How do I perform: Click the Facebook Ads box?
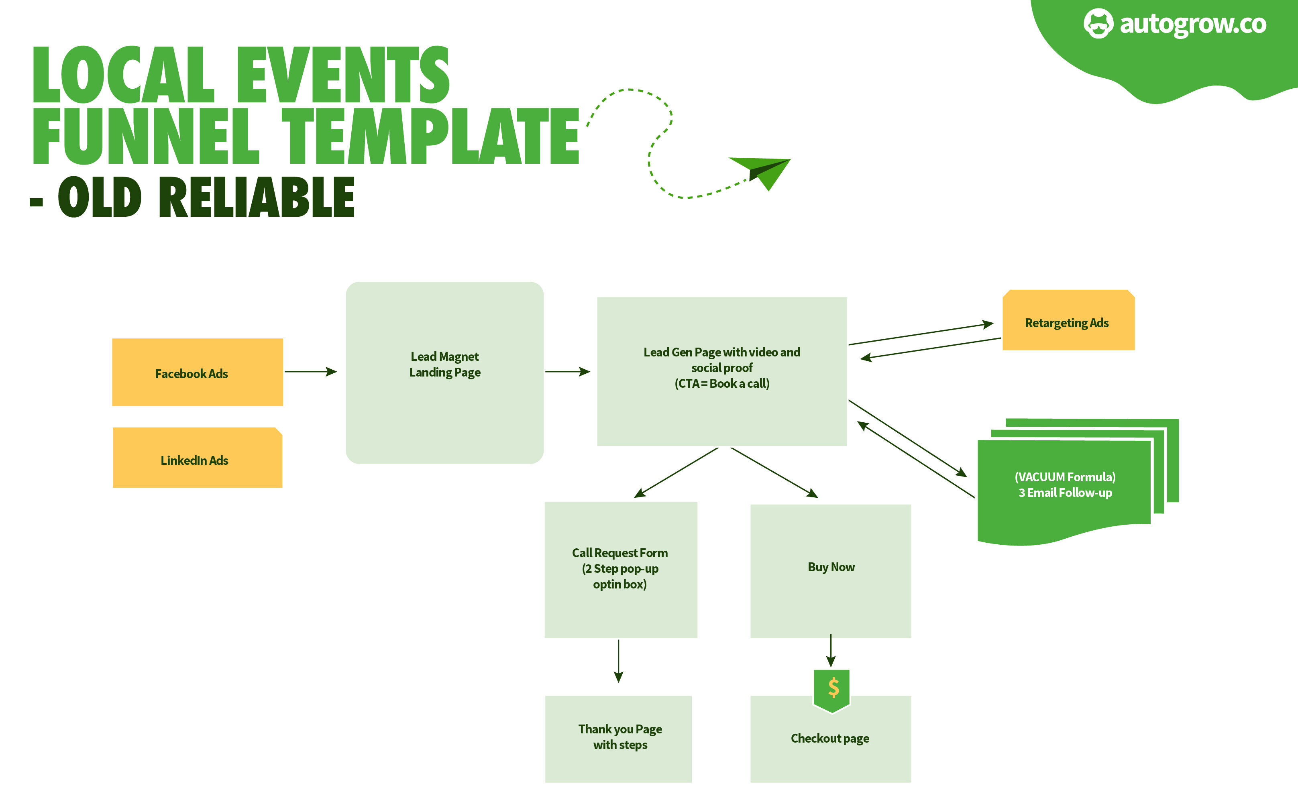pos(198,372)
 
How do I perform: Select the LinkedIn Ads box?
pos(198,458)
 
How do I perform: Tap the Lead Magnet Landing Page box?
pos(444,373)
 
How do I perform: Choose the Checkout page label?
pos(830,738)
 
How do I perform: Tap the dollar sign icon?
pos(833,688)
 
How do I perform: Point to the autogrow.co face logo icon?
pos(1098,23)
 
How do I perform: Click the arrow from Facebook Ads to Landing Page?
pos(310,372)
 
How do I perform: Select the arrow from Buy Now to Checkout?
pos(831,650)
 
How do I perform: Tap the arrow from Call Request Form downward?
pos(619,661)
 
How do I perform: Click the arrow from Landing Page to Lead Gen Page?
pos(567,372)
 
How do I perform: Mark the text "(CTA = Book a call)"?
pos(721,384)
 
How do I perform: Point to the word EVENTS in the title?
pos(343,75)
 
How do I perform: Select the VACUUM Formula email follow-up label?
pos(1065,484)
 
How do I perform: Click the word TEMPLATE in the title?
pos(430,136)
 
